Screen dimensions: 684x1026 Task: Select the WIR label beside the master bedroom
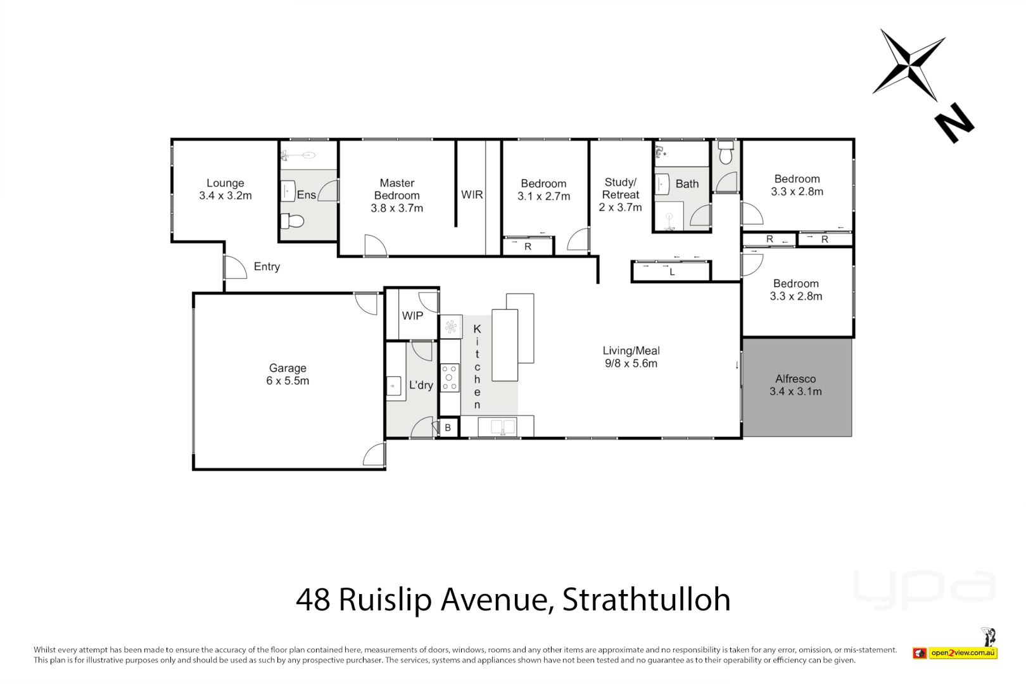(472, 194)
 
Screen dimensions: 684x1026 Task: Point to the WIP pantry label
(412, 315)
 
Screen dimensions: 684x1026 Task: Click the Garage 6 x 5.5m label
(288, 374)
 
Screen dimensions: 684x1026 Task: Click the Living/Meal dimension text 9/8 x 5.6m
(631, 364)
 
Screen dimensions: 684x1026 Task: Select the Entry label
(267, 267)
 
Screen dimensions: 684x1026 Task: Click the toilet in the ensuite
(293, 221)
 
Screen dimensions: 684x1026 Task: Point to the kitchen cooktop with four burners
(449, 377)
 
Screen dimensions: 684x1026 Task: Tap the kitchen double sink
(503, 426)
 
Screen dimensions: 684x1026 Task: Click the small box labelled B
(448, 427)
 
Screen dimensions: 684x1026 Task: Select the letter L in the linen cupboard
(672, 272)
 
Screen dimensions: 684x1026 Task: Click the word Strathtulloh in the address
(646, 599)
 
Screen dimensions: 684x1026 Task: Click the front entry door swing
(235, 267)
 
